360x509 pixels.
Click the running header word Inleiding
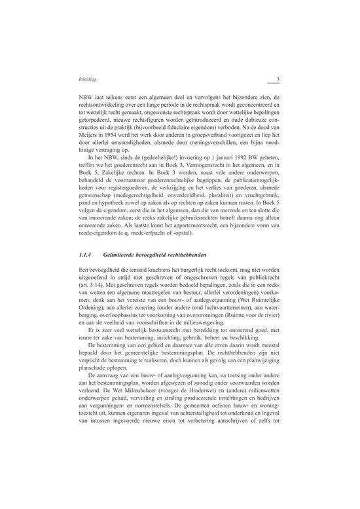[x=87, y=80]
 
